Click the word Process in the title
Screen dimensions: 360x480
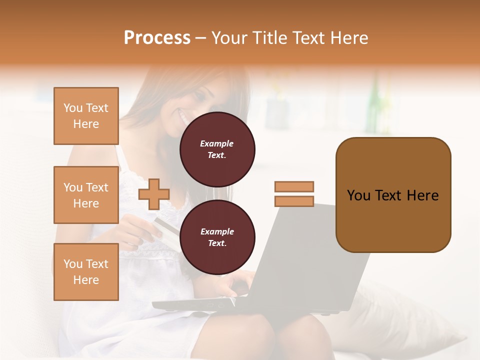[x=157, y=38]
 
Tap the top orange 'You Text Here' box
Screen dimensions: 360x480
[x=86, y=116]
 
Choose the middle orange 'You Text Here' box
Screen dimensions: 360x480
[x=86, y=195]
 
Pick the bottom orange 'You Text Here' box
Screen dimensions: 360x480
[x=86, y=272]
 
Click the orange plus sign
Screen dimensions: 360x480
[x=154, y=194]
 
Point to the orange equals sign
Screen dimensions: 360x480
[x=294, y=194]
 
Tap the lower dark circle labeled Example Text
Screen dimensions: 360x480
[x=217, y=237]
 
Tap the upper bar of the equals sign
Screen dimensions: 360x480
[x=294, y=187]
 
